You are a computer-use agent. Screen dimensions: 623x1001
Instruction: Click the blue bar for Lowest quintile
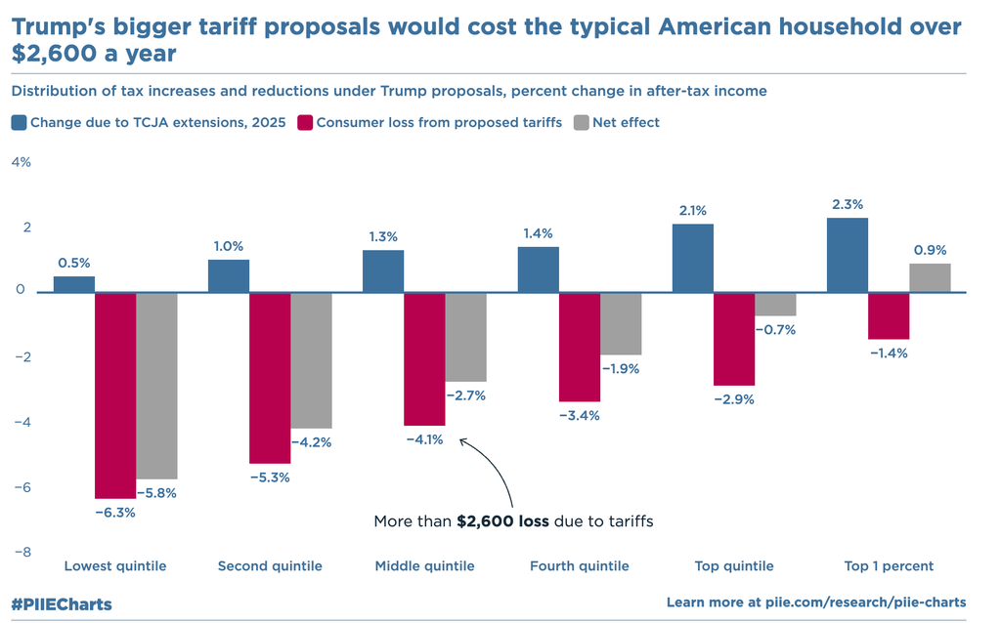coord(74,284)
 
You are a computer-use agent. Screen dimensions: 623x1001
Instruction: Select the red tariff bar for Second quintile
coord(270,377)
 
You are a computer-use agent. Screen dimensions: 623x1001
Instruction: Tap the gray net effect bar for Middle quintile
coord(465,337)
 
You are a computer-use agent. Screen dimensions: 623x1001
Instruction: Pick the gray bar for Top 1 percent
coord(930,278)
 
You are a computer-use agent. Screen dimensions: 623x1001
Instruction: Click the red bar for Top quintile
coord(734,339)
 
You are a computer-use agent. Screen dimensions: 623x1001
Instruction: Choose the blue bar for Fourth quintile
coord(539,270)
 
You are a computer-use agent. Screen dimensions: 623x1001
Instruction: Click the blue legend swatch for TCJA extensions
coord(19,123)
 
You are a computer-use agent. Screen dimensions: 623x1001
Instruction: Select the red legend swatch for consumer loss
coord(305,123)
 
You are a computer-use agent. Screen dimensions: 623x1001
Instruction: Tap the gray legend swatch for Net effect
coord(581,123)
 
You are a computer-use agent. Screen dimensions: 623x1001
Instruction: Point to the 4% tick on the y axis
coord(22,162)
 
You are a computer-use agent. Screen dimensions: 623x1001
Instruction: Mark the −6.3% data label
coord(114,512)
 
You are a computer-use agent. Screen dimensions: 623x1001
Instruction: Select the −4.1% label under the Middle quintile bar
coord(424,439)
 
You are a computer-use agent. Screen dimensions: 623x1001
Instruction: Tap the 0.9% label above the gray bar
coord(930,250)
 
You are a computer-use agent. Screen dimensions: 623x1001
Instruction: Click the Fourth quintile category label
coord(579,566)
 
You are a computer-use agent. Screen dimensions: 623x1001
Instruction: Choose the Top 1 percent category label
coord(888,566)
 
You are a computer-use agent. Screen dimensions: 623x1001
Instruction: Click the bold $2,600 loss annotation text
coord(502,521)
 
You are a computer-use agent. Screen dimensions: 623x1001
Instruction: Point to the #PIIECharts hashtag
coord(62,604)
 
